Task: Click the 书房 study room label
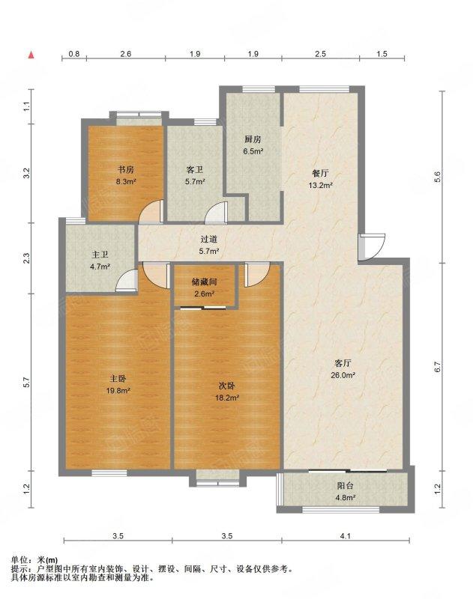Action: [x=125, y=170]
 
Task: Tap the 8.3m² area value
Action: [x=126, y=182]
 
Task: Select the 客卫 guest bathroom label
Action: [x=195, y=170]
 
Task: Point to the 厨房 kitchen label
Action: [x=253, y=139]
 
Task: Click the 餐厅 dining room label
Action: [x=320, y=174]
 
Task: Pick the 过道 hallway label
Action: [x=209, y=240]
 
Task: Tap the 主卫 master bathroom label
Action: [x=100, y=255]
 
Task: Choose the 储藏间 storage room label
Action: [x=205, y=282]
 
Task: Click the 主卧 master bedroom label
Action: [x=118, y=379]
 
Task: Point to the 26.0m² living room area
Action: [x=343, y=375]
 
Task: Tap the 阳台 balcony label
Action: [x=345, y=485]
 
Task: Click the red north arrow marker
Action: [x=31, y=55]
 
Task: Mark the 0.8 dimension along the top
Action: [x=74, y=54]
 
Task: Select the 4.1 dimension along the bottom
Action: [x=346, y=536]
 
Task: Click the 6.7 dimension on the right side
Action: [x=438, y=367]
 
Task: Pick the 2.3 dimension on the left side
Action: [x=26, y=258]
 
